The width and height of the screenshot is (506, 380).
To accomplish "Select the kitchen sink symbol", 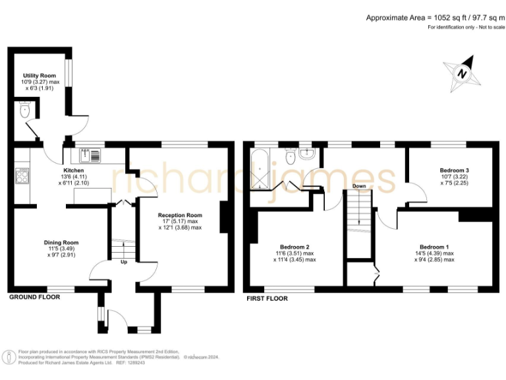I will pyautogui.click(x=90, y=156).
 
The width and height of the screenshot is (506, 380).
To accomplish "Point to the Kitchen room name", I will pyautogui.click(x=73, y=170).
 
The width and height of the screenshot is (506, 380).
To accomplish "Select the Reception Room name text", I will pyautogui.click(x=180, y=215).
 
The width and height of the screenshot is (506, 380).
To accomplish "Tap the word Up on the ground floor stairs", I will pyautogui.click(x=123, y=262).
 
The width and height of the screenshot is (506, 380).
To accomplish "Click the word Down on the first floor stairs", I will pyautogui.click(x=359, y=186).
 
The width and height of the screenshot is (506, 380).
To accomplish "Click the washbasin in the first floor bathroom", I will pyautogui.click(x=307, y=153).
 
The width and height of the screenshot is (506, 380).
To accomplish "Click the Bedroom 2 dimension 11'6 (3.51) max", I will pyautogui.click(x=294, y=253).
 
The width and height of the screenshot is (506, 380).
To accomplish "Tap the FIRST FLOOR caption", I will pyautogui.click(x=267, y=298).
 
